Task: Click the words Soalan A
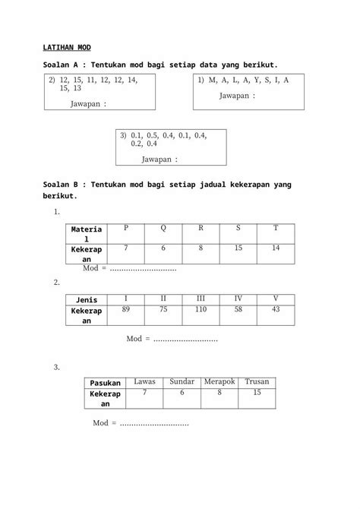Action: click(x=65, y=67)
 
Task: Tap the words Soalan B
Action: click(x=65, y=184)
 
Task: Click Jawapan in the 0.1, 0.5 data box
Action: click(x=159, y=160)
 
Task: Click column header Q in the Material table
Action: click(x=163, y=228)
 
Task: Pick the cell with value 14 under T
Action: click(x=275, y=248)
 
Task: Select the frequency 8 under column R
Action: click(x=201, y=248)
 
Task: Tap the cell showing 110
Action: click(x=201, y=309)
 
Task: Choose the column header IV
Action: click(x=238, y=299)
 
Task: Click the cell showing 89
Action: click(x=126, y=309)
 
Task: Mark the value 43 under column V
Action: click(x=275, y=309)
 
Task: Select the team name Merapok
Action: click(x=219, y=381)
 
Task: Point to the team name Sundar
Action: click(x=182, y=381)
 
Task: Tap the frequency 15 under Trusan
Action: click(x=257, y=392)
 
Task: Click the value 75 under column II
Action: click(x=163, y=309)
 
